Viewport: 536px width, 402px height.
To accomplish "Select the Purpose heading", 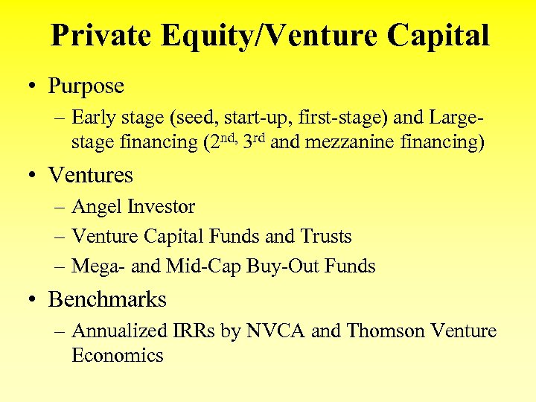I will [86, 86].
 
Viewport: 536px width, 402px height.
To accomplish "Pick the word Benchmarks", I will [107, 300].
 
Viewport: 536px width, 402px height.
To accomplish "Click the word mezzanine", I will [340, 141].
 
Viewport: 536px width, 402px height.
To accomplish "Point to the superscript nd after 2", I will [226, 136].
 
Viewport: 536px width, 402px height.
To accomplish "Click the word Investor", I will [161, 207].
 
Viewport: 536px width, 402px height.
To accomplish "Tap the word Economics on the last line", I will [117, 355].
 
